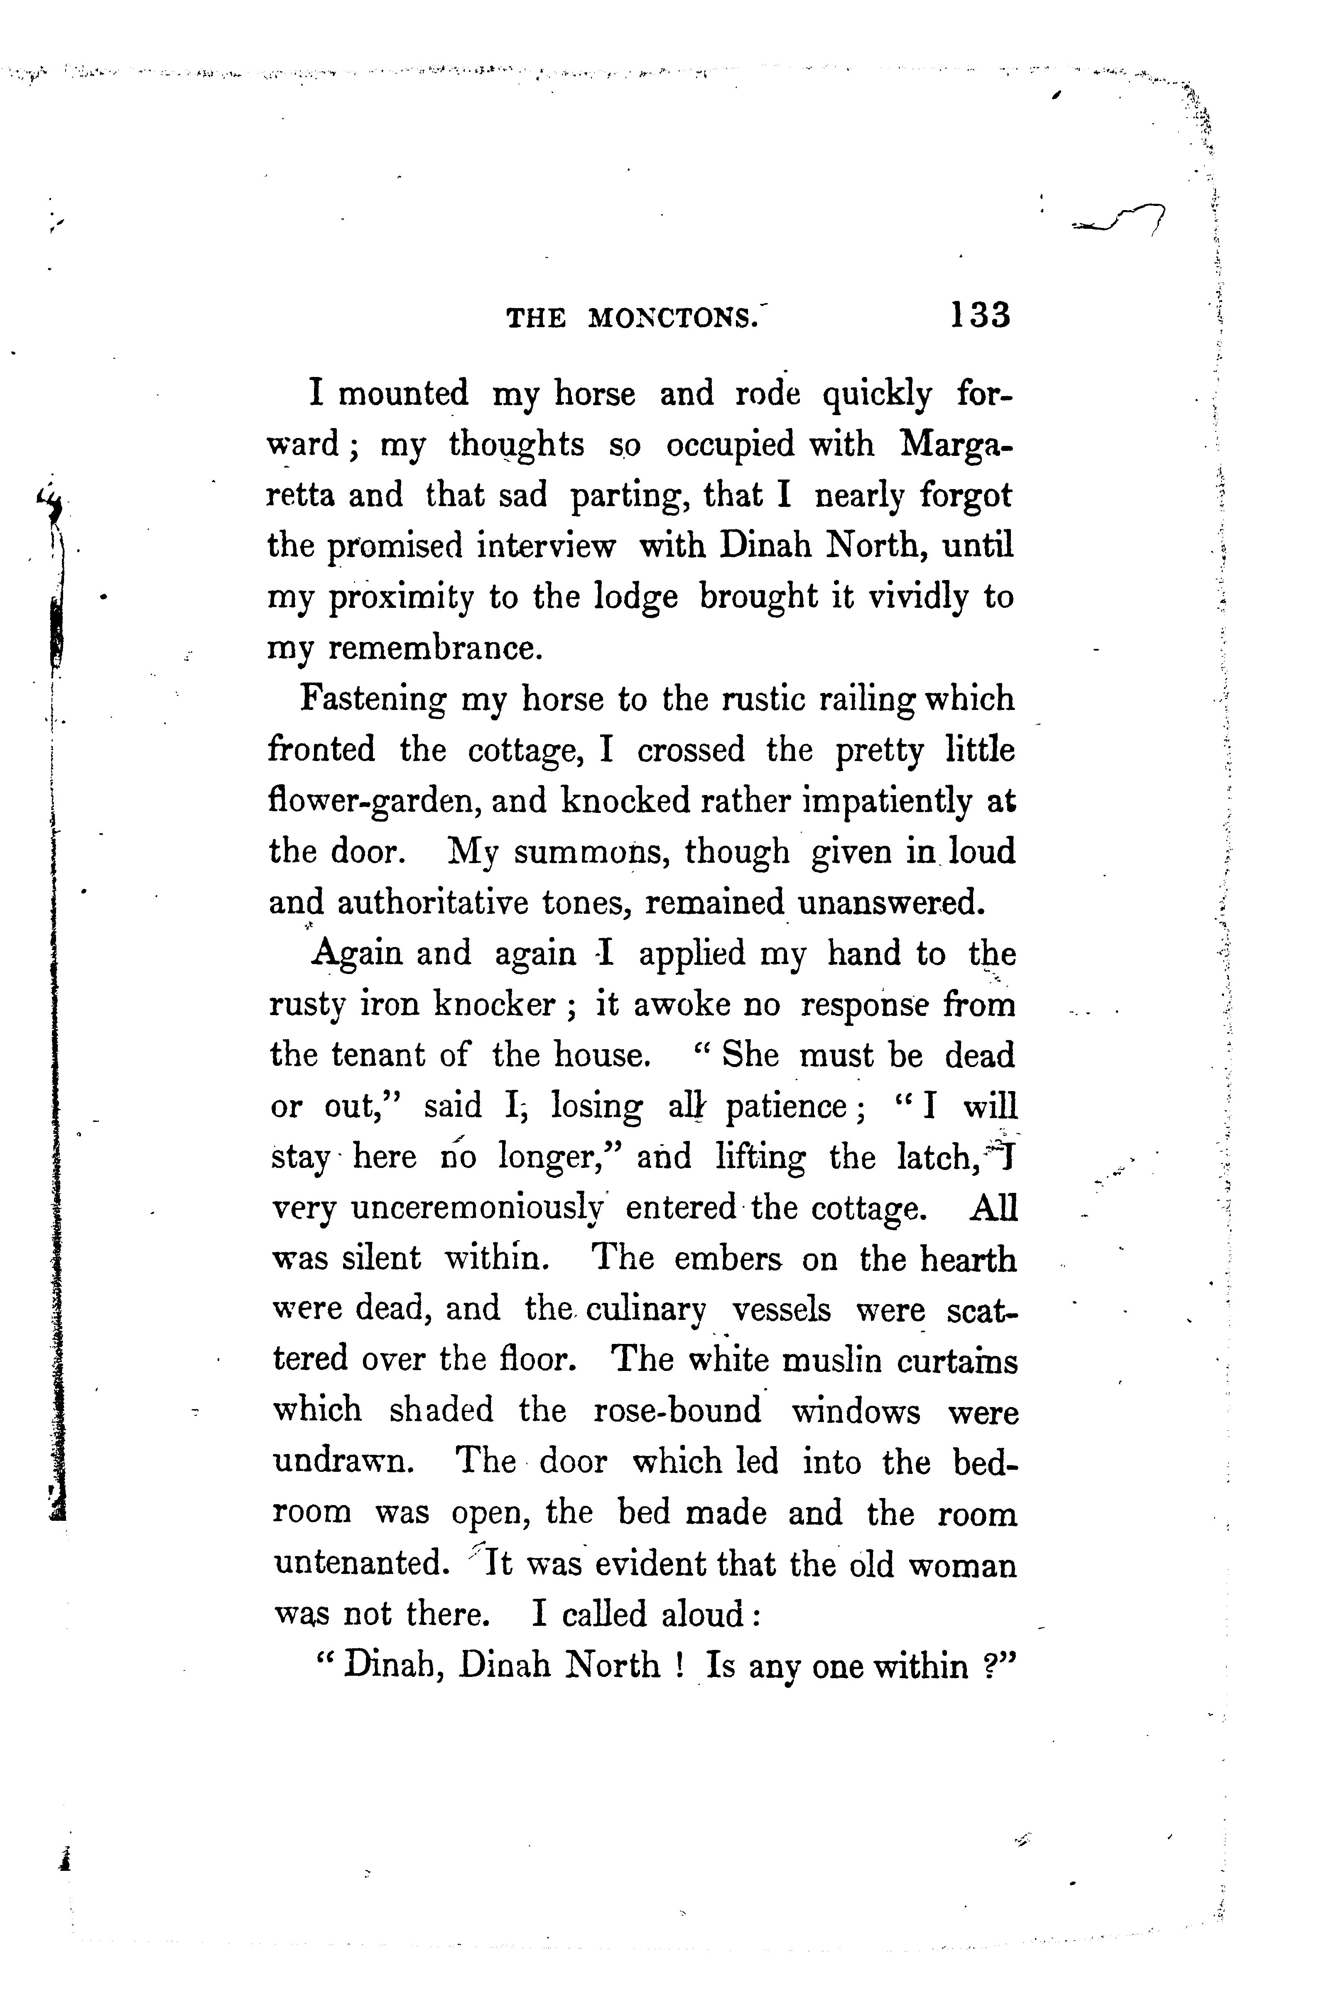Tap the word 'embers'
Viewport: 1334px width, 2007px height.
(x=727, y=1258)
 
